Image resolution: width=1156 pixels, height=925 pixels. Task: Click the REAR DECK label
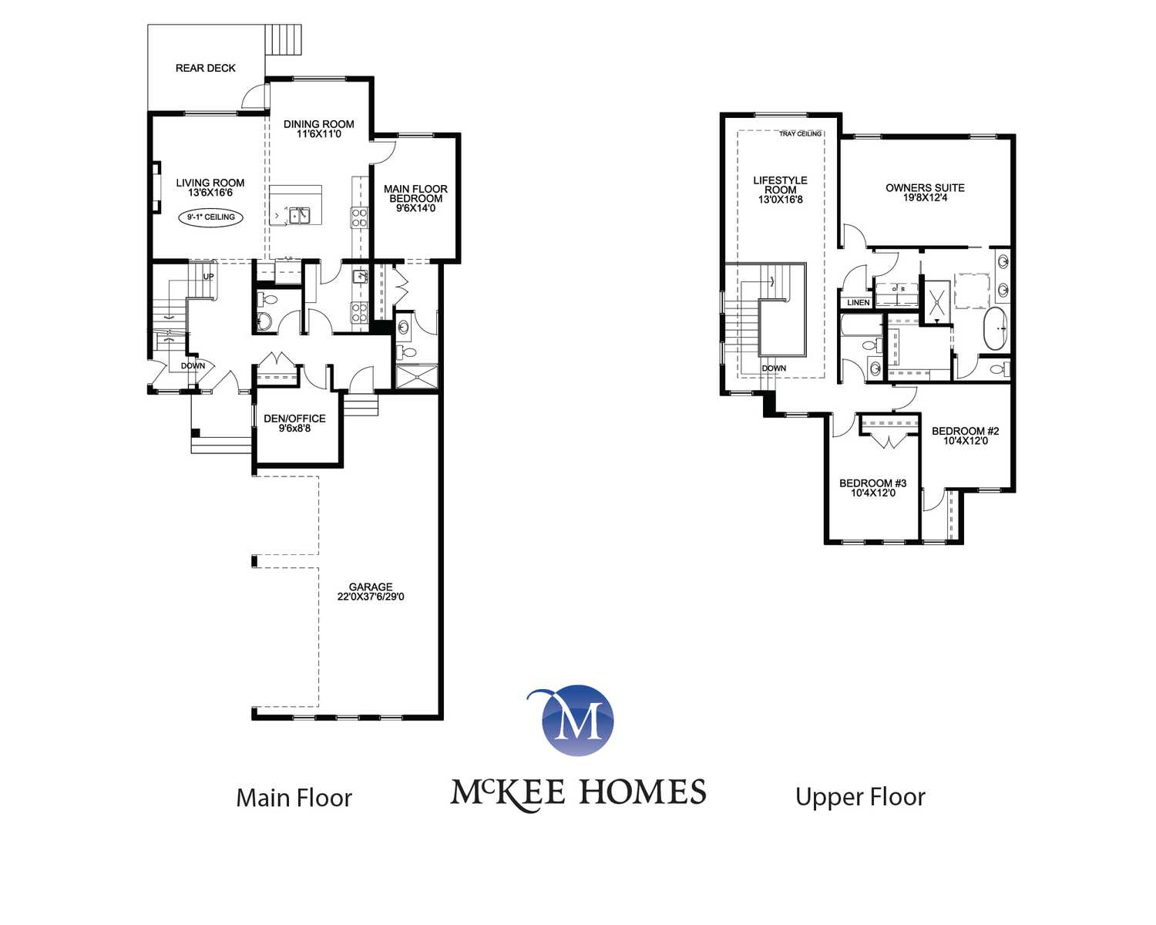click(205, 69)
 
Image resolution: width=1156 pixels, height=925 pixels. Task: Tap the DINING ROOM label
click(318, 124)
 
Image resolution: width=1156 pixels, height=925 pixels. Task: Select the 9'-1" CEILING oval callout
click(210, 217)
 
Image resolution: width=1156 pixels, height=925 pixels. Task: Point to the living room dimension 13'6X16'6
click(210, 193)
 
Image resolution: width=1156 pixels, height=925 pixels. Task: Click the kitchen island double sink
click(299, 216)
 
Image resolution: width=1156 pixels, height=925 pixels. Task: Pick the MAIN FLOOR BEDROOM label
click(415, 194)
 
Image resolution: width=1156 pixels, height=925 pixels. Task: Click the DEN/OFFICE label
click(294, 419)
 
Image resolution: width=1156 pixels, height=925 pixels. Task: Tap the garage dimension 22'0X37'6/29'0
click(371, 597)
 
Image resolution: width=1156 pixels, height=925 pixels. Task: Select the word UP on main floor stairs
click(208, 277)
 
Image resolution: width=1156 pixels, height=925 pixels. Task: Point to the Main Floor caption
click(294, 798)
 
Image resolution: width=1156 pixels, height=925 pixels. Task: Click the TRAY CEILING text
click(801, 134)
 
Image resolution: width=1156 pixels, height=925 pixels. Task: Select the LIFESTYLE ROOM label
click(780, 186)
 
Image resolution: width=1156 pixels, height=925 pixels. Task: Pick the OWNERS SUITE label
click(925, 188)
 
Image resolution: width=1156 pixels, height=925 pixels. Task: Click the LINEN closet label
click(858, 303)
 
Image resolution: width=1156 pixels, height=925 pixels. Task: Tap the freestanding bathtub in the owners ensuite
click(996, 329)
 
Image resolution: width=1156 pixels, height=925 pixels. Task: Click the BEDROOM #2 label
click(966, 431)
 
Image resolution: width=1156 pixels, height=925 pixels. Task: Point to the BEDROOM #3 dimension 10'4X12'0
click(873, 493)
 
